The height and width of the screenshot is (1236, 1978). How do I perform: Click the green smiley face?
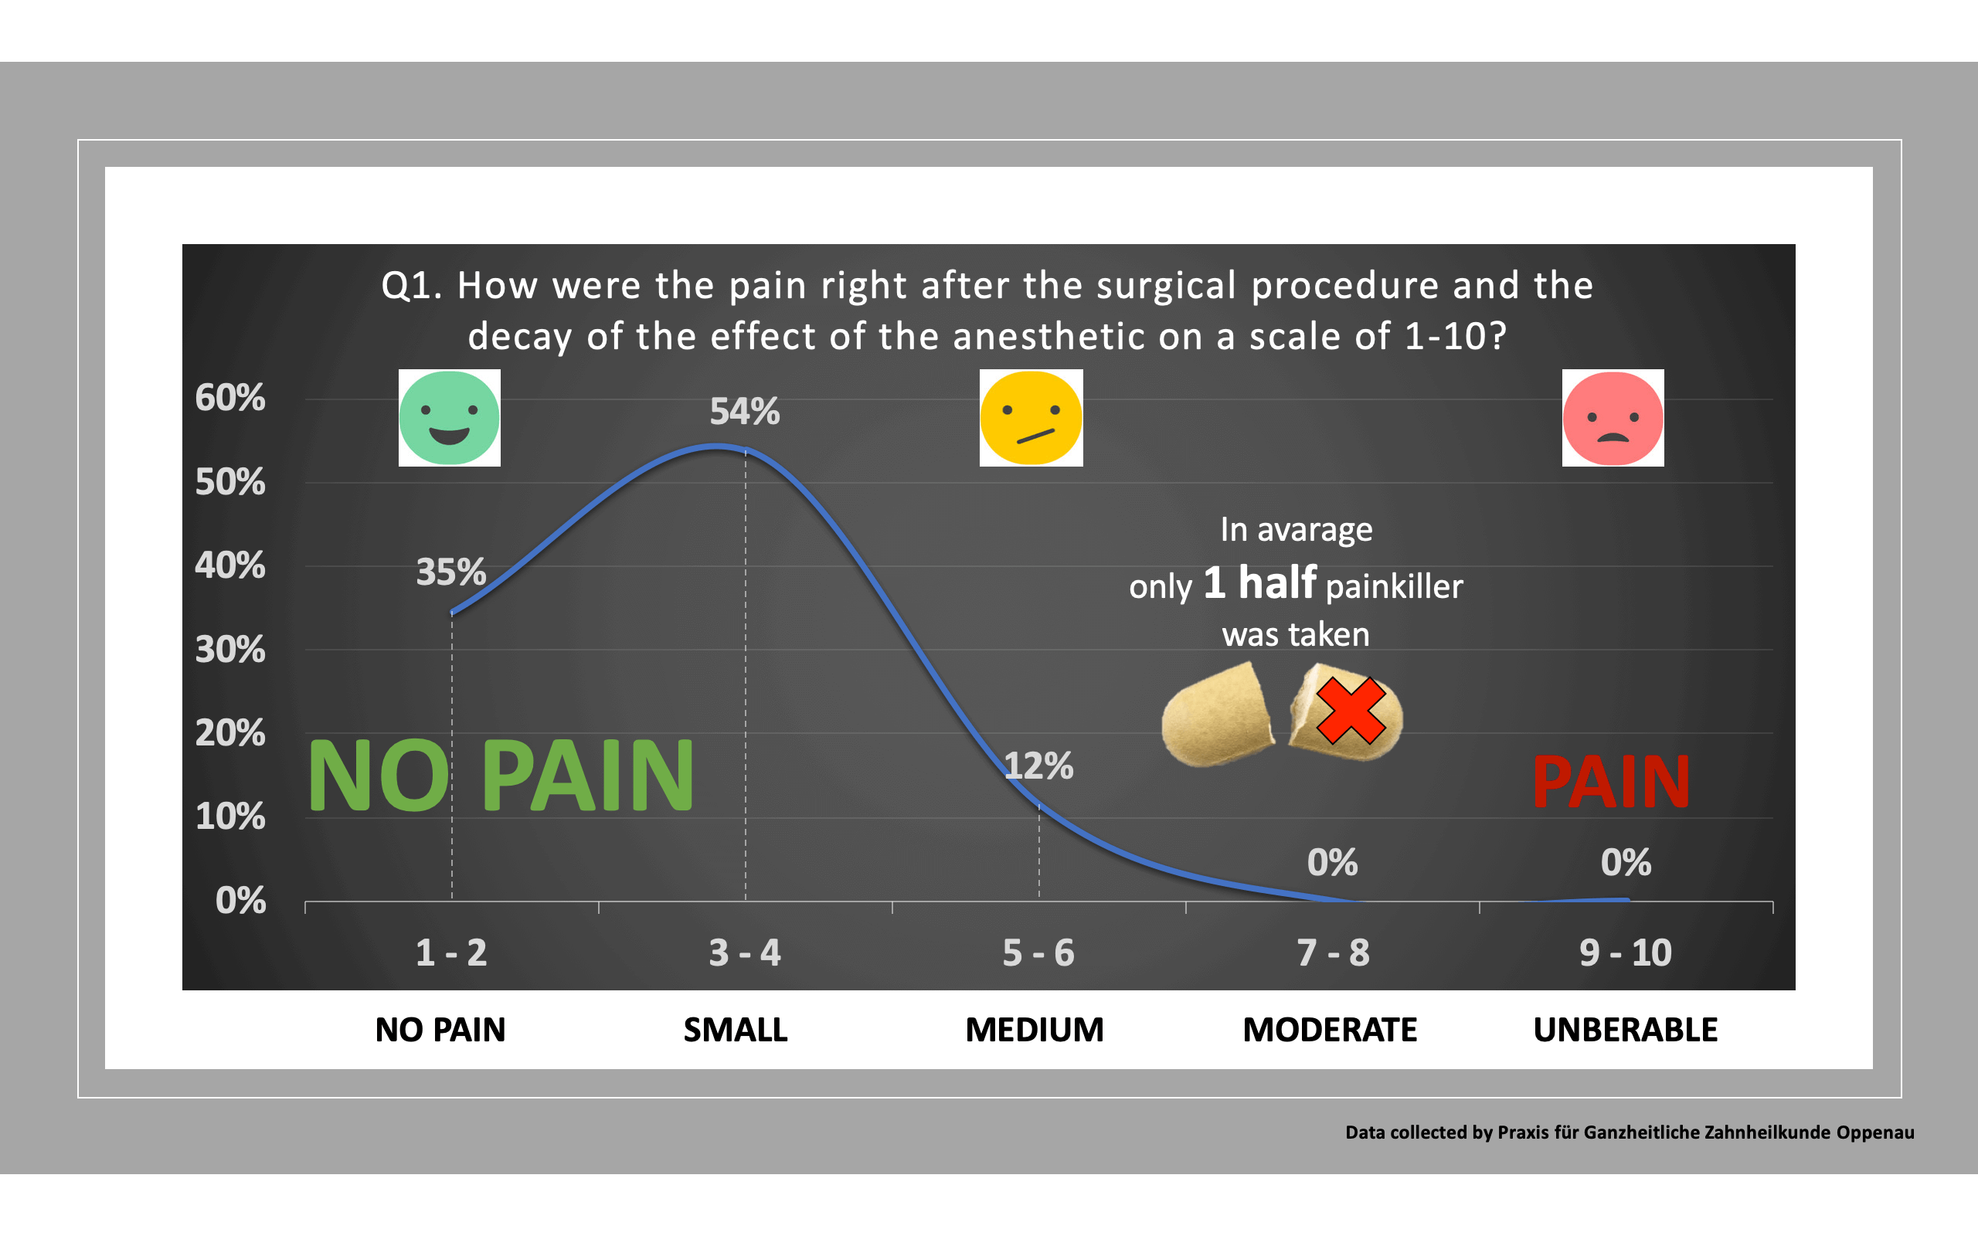(x=449, y=418)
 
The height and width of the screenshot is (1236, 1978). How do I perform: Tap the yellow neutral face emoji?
(x=1031, y=418)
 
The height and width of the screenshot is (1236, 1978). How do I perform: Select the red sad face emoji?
(x=1613, y=418)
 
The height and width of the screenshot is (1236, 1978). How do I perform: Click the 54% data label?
(x=745, y=411)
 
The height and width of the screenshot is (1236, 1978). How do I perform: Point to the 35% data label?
(x=451, y=572)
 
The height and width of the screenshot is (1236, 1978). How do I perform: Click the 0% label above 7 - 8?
(x=1332, y=862)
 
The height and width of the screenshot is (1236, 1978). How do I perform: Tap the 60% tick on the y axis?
(x=230, y=398)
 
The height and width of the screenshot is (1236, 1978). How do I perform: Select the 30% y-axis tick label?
(x=230, y=650)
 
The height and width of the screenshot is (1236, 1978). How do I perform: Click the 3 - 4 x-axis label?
(x=745, y=953)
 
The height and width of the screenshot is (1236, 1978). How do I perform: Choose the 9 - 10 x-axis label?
(x=1626, y=953)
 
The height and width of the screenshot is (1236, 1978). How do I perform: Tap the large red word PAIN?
(x=1611, y=783)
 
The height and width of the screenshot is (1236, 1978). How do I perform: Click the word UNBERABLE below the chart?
(x=1625, y=1030)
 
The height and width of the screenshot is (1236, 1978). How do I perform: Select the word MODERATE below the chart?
(x=1330, y=1030)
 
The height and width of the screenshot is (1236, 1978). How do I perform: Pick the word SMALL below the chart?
(x=736, y=1030)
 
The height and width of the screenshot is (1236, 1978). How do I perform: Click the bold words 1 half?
(x=1259, y=582)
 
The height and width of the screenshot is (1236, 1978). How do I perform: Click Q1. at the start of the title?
(x=411, y=286)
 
